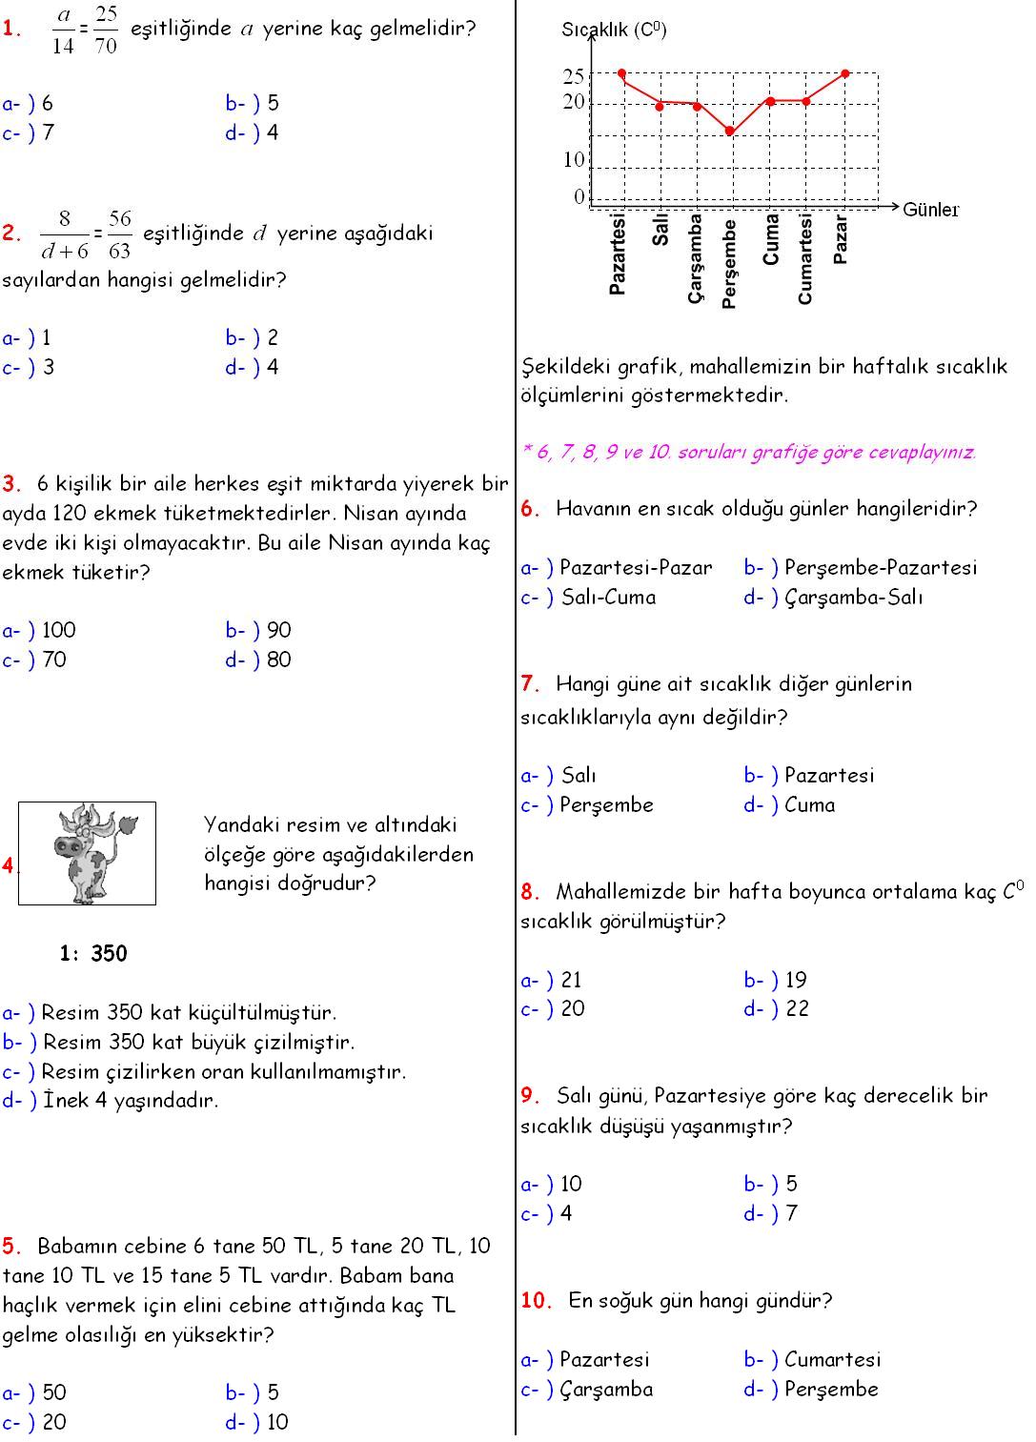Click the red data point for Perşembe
pyautogui.click(x=731, y=132)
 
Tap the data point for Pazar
pyautogui.click(x=845, y=73)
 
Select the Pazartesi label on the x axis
pyautogui.click(x=618, y=254)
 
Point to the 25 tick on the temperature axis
pyautogui.click(x=574, y=76)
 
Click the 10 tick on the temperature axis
pyautogui.click(x=574, y=160)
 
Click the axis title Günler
pyautogui.click(x=931, y=210)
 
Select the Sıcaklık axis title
pyautogui.click(x=614, y=30)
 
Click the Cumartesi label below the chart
pyautogui.click(x=805, y=259)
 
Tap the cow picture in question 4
pyautogui.click(x=88, y=853)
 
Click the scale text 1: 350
pyautogui.click(x=93, y=953)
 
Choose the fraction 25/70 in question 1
pyautogui.click(x=106, y=30)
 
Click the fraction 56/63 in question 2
pyautogui.click(x=120, y=234)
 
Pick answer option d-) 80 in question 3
pyautogui.click(x=259, y=660)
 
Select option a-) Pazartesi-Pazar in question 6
pyautogui.click(x=617, y=568)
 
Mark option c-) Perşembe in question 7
pyautogui.click(x=587, y=805)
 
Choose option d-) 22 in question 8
pyautogui.click(x=777, y=1008)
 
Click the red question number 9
pyautogui.click(x=530, y=1096)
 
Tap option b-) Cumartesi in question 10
pyautogui.click(x=812, y=1359)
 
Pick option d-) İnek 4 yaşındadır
pyautogui.click(x=111, y=1101)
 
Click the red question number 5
pyautogui.click(x=11, y=1246)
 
